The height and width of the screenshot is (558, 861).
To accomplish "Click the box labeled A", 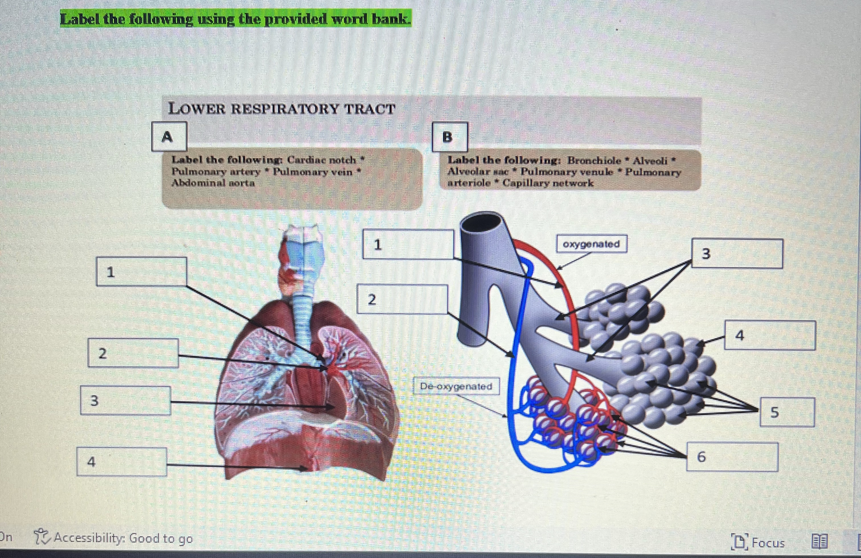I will tap(169, 136).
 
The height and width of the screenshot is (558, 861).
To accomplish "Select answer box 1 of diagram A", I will tap(142, 271).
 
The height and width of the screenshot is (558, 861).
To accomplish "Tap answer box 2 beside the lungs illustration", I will tap(133, 353).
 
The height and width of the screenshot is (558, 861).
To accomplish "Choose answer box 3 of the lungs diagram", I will tap(125, 400).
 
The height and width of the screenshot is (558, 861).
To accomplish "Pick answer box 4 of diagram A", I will tap(121, 462).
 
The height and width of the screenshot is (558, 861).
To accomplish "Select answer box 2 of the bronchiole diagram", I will tap(402, 299).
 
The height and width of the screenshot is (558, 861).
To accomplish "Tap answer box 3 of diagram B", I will tap(737, 254).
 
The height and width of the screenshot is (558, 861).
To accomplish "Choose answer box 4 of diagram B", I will tap(770, 335).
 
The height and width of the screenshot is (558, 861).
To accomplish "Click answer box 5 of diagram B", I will tap(787, 412).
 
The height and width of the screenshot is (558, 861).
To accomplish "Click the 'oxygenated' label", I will tap(591, 244).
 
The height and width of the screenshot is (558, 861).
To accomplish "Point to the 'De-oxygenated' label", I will tap(456, 386).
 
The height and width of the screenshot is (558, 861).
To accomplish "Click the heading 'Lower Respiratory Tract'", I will tap(282, 108).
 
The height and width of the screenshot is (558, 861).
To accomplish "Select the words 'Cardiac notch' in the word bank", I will tap(321, 159).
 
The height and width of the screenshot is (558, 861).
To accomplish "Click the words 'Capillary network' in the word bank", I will tap(548, 183).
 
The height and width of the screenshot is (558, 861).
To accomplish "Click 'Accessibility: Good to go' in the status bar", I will tap(123, 538).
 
